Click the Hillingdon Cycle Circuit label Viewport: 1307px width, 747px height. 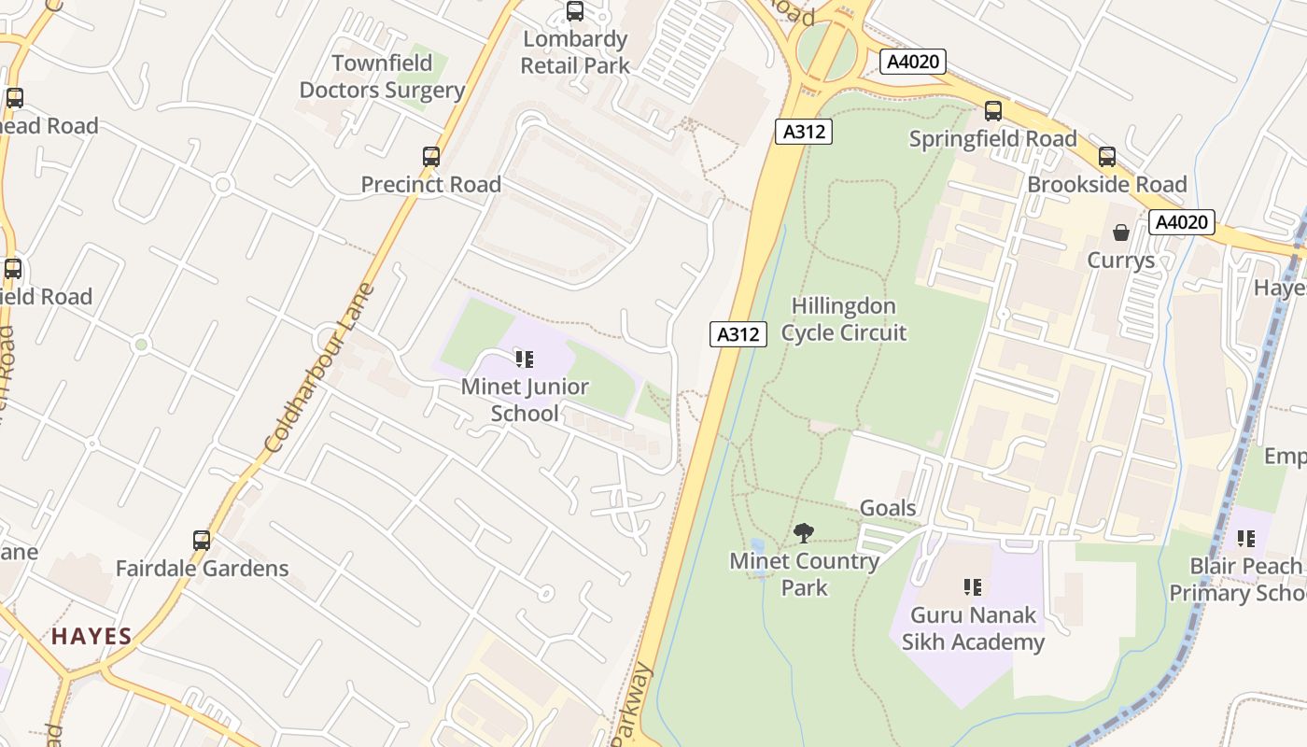point(844,319)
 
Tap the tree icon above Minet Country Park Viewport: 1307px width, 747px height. point(803,533)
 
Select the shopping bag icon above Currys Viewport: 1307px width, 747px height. point(1120,233)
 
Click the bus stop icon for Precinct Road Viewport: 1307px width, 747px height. point(430,157)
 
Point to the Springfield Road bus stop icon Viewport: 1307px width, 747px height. point(993,111)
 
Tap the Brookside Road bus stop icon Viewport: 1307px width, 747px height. point(1106,157)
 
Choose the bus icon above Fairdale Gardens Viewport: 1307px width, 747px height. point(202,541)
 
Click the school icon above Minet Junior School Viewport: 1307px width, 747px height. point(525,359)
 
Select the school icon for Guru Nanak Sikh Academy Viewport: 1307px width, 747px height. point(973,587)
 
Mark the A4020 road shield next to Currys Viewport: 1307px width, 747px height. point(1182,222)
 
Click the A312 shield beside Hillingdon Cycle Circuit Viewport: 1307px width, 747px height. point(738,333)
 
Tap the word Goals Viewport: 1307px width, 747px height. point(888,508)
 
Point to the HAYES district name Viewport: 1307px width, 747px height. point(91,637)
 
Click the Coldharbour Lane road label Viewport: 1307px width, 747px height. point(319,368)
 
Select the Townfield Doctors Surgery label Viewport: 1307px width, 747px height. point(382,77)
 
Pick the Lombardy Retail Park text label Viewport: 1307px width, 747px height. point(575,52)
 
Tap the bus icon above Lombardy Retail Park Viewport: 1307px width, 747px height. point(575,12)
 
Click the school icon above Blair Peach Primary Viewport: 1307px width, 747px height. point(1245,539)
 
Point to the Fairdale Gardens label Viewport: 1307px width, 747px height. point(202,568)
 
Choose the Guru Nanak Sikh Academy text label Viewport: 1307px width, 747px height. point(973,628)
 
